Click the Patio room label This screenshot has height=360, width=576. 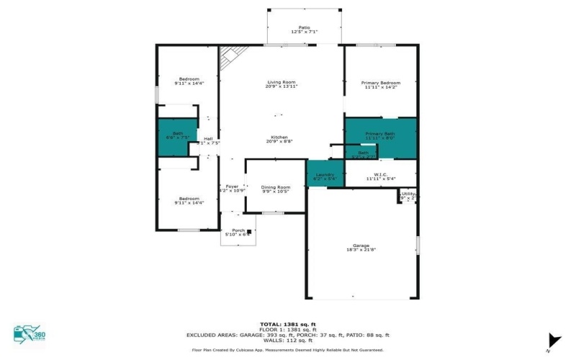(x=304, y=27)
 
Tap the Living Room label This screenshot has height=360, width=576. (x=282, y=82)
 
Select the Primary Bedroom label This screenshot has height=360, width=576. (x=380, y=83)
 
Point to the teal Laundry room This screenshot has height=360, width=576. (x=325, y=174)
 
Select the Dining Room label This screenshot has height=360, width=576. (x=275, y=187)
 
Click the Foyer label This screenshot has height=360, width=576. (x=231, y=186)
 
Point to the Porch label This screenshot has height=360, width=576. (x=237, y=230)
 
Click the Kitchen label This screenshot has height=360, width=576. (x=279, y=138)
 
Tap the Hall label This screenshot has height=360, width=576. (x=208, y=138)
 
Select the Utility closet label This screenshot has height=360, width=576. (x=408, y=194)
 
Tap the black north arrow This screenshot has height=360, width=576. (x=553, y=340)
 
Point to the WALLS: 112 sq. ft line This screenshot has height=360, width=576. (x=287, y=341)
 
